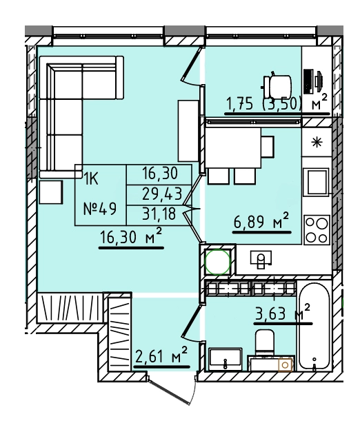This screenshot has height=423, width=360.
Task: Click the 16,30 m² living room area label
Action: tap(131, 237)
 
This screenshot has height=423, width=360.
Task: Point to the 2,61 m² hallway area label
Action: tap(161, 356)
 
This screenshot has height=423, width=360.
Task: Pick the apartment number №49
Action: tap(100, 209)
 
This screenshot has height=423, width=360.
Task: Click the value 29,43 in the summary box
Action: tap(162, 194)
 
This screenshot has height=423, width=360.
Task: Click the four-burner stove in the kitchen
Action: tap(317, 229)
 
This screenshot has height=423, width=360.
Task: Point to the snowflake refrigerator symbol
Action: tap(317, 143)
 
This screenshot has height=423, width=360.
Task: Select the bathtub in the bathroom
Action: tap(314, 326)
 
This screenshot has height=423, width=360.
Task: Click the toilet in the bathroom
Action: tap(265, 343)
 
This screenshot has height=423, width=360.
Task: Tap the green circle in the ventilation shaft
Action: tap(218, 262)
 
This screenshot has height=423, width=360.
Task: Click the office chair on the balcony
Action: tap(276, 86)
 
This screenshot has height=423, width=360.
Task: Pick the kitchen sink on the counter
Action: tap(261, 260)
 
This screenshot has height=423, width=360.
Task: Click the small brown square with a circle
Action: tap(286, 365)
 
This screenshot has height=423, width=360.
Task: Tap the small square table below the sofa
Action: tap(51, 192)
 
